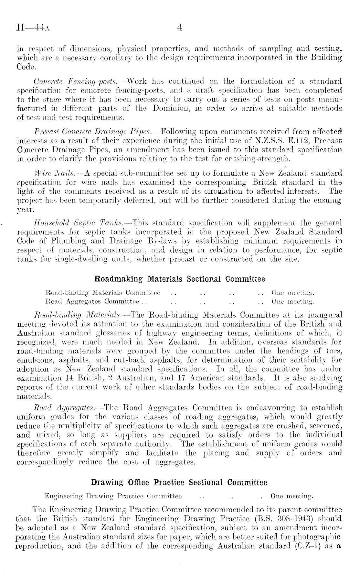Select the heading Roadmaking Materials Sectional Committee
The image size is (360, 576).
[x=179, y=279]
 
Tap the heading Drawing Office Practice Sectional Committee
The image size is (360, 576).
[x=179, y=483]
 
